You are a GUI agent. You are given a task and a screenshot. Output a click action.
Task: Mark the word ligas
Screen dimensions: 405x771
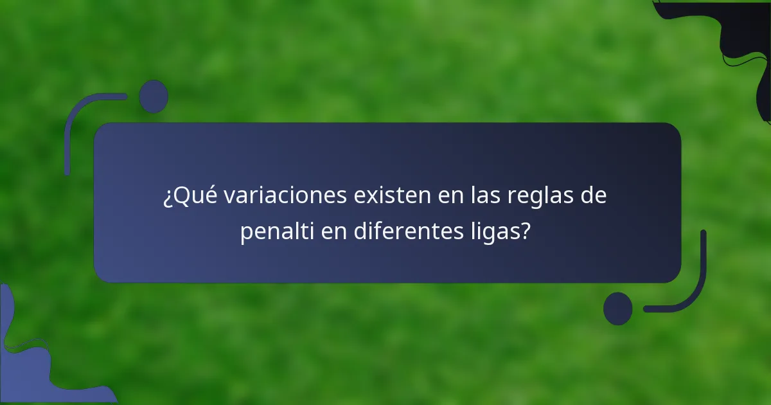click(x=493, y=231)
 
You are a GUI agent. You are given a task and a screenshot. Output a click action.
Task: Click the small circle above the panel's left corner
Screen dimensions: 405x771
click(x=154, y=96)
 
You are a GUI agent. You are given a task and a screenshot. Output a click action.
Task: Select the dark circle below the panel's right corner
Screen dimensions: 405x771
click(x=617, y=308)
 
